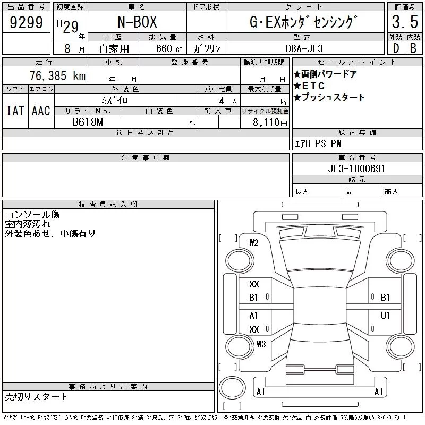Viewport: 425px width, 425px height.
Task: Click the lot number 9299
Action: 26,22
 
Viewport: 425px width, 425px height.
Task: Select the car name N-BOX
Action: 137,22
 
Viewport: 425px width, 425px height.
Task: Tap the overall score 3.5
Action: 405,22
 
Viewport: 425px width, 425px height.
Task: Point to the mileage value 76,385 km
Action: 57,75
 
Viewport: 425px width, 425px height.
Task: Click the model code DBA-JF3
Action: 304,48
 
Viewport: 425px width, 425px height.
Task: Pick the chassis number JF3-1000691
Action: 356,168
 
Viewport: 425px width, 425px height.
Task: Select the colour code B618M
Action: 88,122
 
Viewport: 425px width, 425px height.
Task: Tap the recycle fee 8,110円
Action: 270,123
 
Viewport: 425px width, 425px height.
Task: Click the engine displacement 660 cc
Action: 169,48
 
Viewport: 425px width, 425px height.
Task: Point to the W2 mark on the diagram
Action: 254,243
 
